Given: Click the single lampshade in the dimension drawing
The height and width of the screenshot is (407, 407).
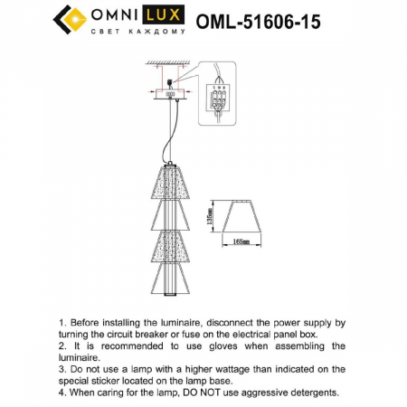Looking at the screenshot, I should (240, 217).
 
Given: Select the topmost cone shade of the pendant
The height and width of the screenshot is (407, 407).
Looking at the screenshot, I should (173, 182).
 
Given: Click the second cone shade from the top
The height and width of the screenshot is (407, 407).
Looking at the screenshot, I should (173, 214).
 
